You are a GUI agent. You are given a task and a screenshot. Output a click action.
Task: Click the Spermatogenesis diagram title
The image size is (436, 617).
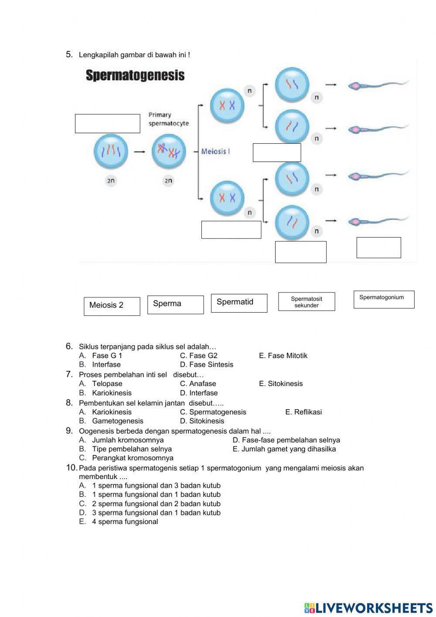(x=135, y=76)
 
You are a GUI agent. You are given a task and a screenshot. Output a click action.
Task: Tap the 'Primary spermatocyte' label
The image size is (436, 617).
(x=168, y=119)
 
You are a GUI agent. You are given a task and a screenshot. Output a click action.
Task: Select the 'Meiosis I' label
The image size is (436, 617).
(x=215, y=152)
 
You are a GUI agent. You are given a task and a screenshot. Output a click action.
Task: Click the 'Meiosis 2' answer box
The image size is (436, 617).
(x=112, y=306)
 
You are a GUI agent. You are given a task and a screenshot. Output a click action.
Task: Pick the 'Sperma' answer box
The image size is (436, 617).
(x=175, y=304)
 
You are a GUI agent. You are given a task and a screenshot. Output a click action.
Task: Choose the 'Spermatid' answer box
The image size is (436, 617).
(x=239, y=303)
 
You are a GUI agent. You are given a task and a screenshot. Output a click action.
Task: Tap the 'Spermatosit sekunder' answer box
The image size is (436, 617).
(x=307, y=302)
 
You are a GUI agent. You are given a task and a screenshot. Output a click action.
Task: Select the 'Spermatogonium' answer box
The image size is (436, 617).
(x=384, y=300)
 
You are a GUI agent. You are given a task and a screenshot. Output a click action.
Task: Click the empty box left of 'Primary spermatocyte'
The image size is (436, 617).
(x=107, y=124)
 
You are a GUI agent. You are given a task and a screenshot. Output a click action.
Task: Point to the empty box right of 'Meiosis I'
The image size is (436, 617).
(x=277, y=152)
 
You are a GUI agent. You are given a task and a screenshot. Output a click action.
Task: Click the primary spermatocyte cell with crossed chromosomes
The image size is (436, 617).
(x=168, y=152)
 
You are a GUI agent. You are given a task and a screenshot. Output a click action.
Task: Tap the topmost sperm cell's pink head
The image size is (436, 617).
(x=355, y=86)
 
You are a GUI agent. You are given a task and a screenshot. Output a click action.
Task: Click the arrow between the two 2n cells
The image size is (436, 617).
(x=140, y=152)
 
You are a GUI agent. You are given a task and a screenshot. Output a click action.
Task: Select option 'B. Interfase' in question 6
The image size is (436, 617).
(x=106, y=365)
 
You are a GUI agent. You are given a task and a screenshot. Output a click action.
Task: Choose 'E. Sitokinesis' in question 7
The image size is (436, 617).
(x=285, y=383)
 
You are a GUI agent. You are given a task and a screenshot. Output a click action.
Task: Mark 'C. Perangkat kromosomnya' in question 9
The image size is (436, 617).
(x=132, y=458)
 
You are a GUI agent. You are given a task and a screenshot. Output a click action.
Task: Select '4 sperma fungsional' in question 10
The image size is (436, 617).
(x=125, y=522)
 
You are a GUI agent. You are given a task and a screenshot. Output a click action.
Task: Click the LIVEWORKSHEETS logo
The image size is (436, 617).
(x=368, y=608)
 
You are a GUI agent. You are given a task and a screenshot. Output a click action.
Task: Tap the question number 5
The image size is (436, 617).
(x=69, y=55)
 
